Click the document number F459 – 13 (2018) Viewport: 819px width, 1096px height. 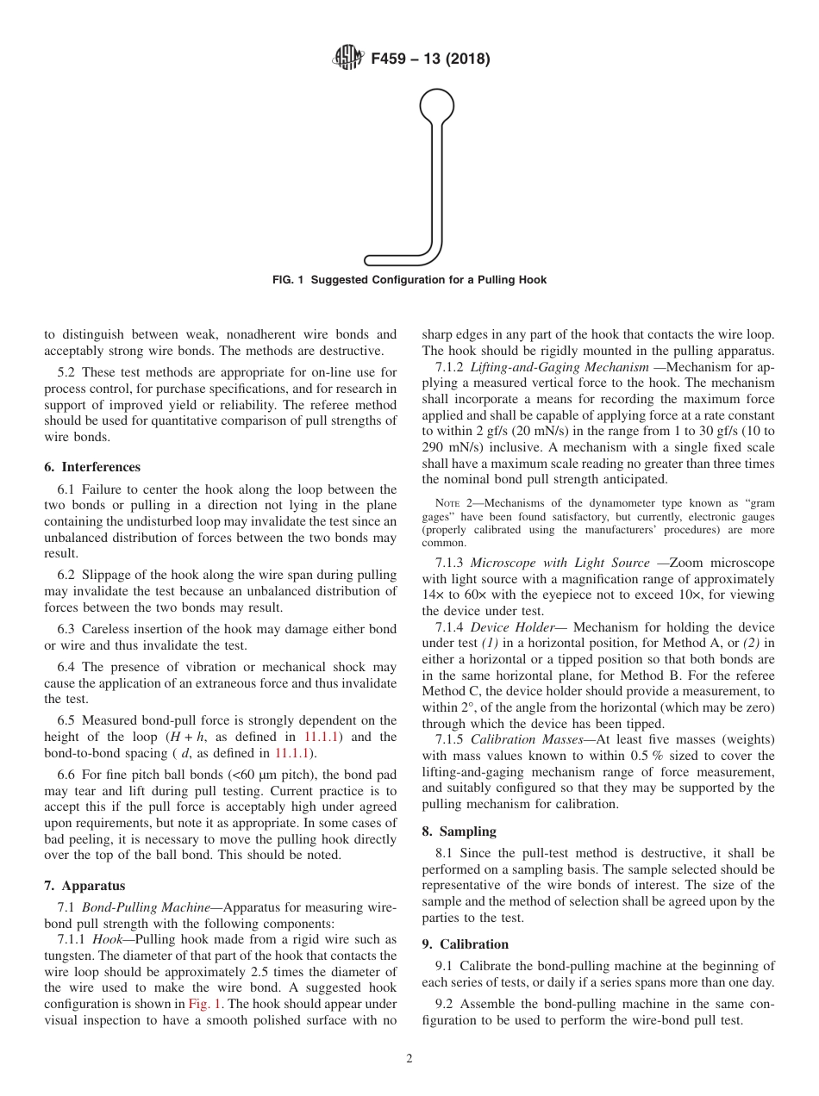point(430,59)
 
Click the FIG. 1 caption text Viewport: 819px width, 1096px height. point(409,280)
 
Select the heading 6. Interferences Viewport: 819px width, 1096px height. point(92,467)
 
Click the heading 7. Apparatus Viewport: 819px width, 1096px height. point(84,886)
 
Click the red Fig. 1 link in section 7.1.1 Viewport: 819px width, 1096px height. point(203,1004)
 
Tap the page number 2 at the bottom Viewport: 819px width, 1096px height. point(409,1059)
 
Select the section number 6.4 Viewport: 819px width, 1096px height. point(67,667)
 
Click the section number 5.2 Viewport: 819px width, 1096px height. point(67,372)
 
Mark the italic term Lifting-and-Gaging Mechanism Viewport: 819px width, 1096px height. point(560,367)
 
